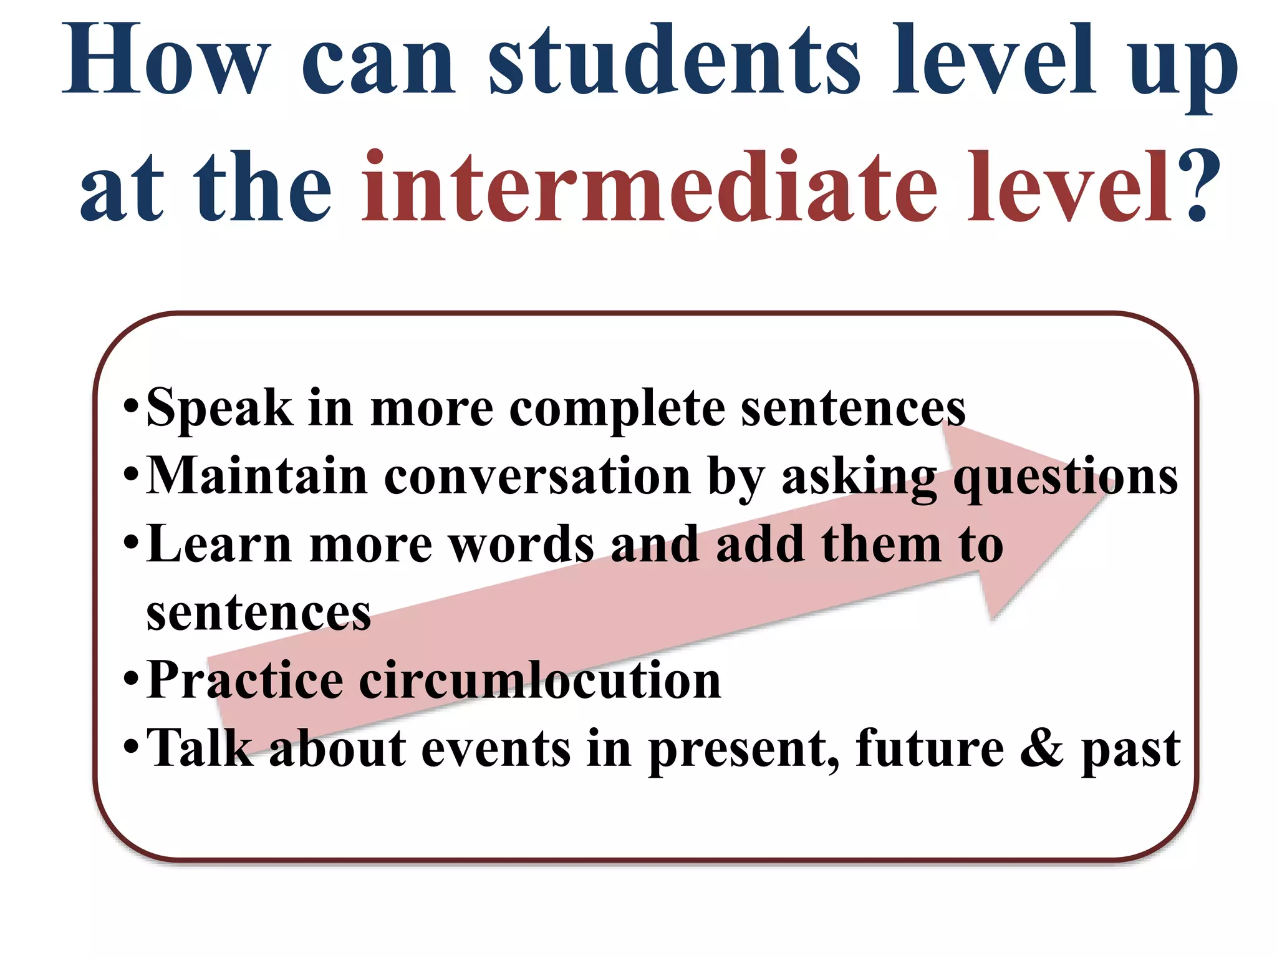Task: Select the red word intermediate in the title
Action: click(x=649, y=187)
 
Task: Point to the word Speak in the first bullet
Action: click(x=219, y=409)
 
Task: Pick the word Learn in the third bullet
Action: click(x=219, y=544)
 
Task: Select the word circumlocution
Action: click(x=540, y=680)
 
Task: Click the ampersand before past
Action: click(x=1041, y=748)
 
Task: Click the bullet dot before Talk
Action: click(x=130, y=746)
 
